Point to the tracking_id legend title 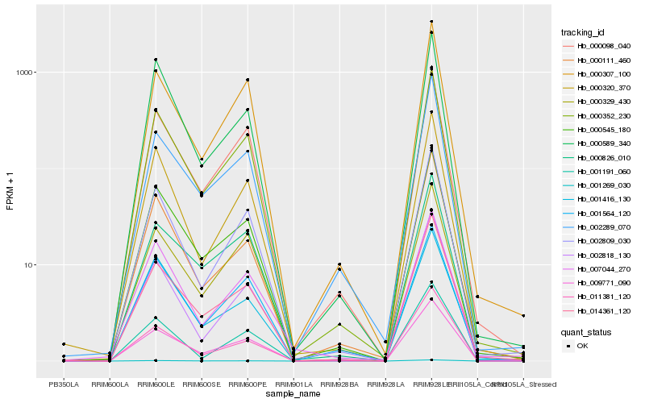[583, 32]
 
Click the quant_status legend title [585, 331]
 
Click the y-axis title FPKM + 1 [10, 190]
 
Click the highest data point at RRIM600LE [156, 60]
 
